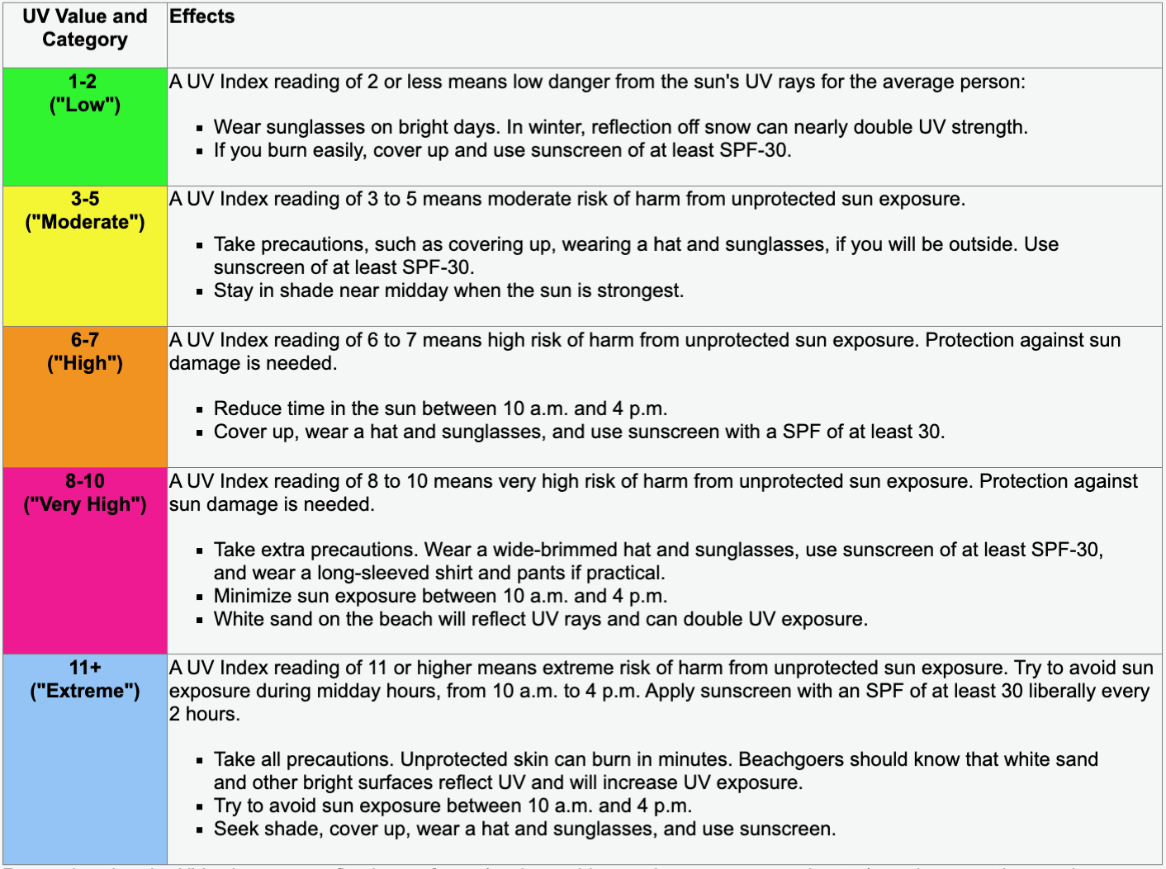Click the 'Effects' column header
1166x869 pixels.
pyautogui.click(x=201, y=17)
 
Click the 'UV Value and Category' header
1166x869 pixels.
pyautogui.click(x=85, y=28)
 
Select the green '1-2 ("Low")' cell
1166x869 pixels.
pyautogui.click(x=85, y=93)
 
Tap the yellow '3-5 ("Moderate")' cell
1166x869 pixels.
pyautogui.click(x=85, y=210)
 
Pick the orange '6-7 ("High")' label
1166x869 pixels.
pyautogui.click(x=85, y=352)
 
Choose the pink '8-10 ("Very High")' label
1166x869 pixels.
pyautogui.click(x=85, y=493)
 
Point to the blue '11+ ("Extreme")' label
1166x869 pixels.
pyautogui.click(x=85, y=679)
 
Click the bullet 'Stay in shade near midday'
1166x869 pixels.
pyautogui.click(x=448, y=290)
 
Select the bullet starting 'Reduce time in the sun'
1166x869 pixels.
pyautogui.click(x=440, y=409)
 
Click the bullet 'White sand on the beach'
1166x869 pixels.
pyautogui.click(x=540, y=619)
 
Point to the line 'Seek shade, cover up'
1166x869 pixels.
pyautogui.click(x=524, y=829)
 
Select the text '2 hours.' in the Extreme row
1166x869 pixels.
pyautogui.click(x=205, y=714)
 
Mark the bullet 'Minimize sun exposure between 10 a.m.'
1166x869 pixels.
pyautogui.click(x=440, y=596)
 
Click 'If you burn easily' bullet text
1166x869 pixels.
pyautogui.click(x=502, y=150)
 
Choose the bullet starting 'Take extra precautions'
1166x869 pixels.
pyautogui.click(x=658, y=550)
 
